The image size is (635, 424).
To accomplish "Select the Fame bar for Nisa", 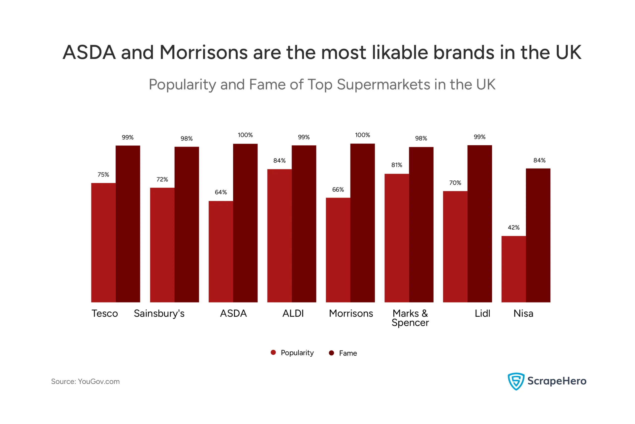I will tap(538, 235).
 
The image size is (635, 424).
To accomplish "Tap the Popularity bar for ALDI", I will tap(279, 235).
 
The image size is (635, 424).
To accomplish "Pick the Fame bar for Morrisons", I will tap(362, 223).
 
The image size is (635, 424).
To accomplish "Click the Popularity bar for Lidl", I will tap(455, 246).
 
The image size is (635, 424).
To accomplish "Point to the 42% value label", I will tap(513, 227).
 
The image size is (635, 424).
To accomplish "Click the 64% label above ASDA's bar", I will tap(221, 192).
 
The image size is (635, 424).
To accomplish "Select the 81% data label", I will tap(397, 165).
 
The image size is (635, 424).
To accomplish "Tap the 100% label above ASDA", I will tap(245, 135).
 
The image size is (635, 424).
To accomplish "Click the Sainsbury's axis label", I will tap(159, 313).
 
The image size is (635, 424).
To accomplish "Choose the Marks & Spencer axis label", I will tap(410, 318).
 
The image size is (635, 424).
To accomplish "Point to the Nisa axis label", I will tap(523, 313).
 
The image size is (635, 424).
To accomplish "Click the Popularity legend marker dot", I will tap(273, 352).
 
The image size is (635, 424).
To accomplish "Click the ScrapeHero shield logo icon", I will tap(516, 381).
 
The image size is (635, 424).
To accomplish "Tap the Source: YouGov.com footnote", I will tap(85, 382).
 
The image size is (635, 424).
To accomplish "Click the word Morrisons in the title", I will tap(204, 52).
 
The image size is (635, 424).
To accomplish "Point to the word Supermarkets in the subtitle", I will tap(383, 85).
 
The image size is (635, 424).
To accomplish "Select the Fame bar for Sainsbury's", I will tap(187, 225).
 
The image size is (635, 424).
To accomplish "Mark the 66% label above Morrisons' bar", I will tap(338, 190).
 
